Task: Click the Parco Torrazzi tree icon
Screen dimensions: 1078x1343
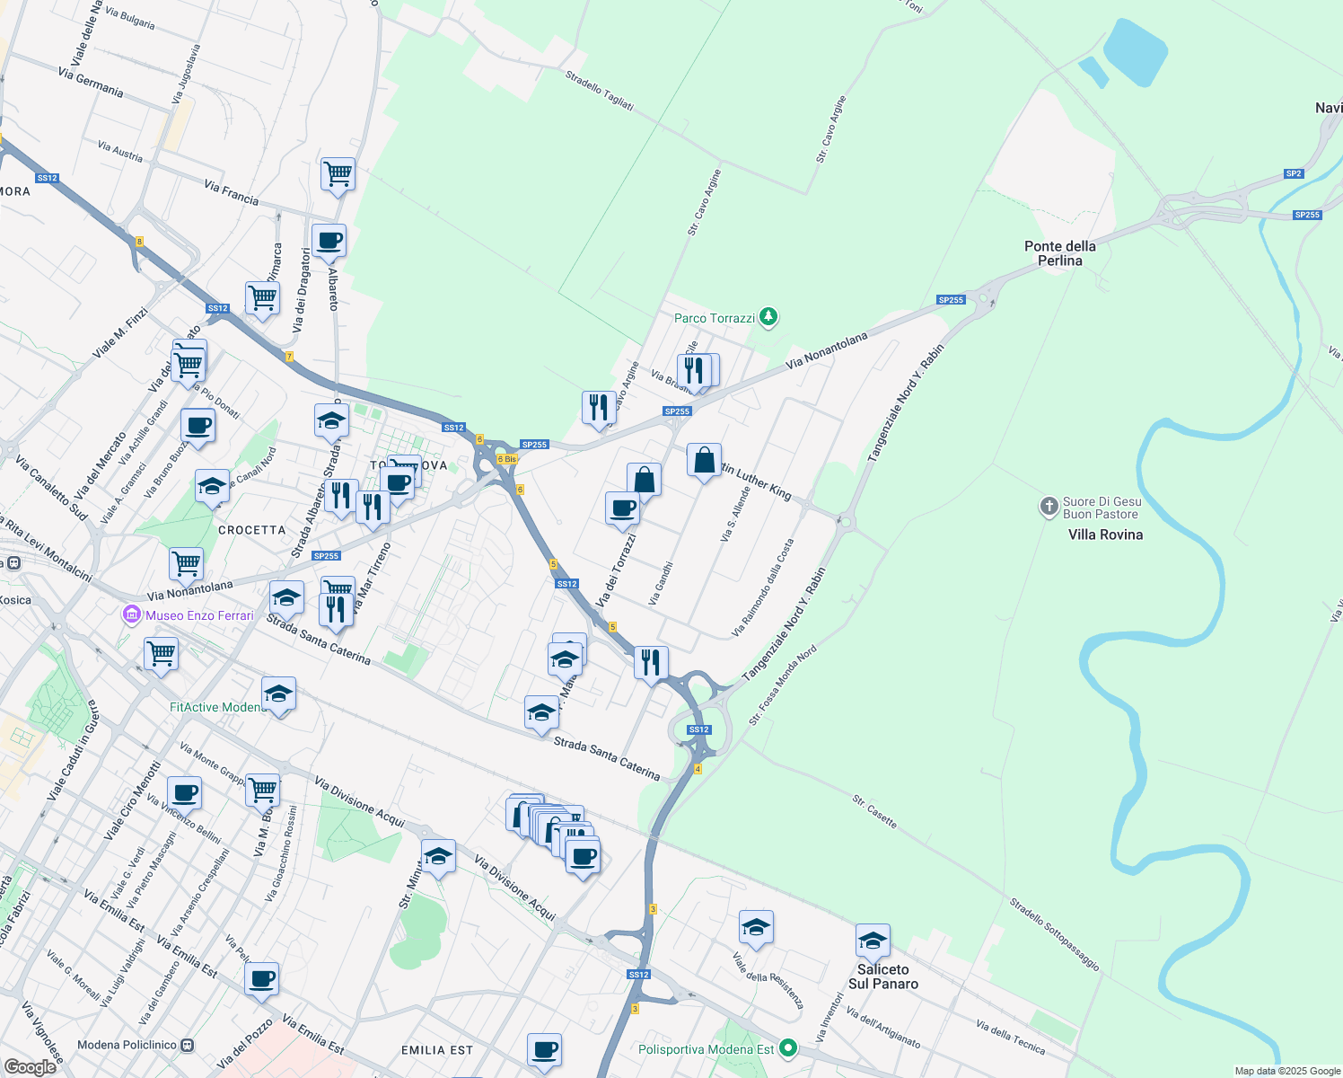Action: [768, 317]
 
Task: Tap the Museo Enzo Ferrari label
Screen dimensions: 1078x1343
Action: [199, 615]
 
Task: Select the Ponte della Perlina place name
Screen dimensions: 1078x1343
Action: [1059, 253]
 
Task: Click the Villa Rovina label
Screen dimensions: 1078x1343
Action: [1105, 535]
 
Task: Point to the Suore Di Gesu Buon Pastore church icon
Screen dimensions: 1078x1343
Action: [1049, 508]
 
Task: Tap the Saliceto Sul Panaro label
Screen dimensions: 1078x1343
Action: [883, 976]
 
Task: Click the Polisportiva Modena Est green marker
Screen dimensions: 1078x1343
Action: [788, 1048]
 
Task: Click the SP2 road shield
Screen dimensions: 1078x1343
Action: [1293, 173]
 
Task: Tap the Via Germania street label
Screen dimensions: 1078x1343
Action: [91, 83]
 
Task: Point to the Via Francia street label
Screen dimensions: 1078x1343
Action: [231, 192]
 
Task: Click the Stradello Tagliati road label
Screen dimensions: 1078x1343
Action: [600, 91]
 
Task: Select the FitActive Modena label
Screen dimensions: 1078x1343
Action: [217, 707]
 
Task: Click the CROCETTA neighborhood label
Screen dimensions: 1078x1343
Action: [251, 530]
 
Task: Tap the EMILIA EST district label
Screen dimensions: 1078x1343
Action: [436, 1050]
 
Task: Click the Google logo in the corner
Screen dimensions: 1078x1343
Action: [30, 1066]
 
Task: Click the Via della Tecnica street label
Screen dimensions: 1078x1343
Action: [1010, 1037]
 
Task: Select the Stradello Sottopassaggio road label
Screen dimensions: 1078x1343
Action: [1054, 934]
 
